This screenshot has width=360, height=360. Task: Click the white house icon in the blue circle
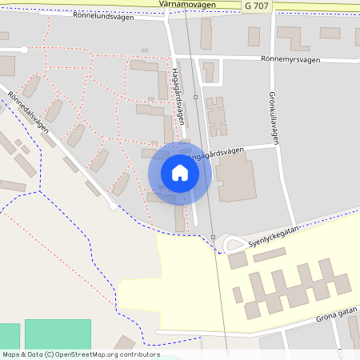[180, 173]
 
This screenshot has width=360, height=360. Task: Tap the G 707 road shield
[257, 6]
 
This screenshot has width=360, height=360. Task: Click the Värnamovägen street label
[187, 4]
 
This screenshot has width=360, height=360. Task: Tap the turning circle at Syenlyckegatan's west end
[234, 244]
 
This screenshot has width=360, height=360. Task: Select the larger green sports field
[58, 334]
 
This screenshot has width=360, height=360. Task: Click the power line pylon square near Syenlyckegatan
[214, 236]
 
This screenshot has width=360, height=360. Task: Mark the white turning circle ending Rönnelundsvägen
[25, 50]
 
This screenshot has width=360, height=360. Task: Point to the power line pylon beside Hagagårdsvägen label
[195, 96]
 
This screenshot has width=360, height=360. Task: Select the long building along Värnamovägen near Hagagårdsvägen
[206, 34]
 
